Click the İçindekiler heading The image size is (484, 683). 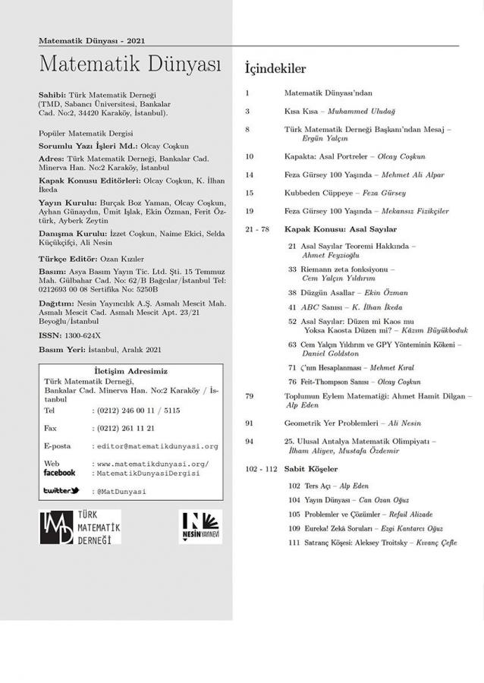click(275, 69)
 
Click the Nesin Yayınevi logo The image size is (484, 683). click(199, 527)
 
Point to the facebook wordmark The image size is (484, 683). click(59, 473)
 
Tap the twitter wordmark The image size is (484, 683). click(61, 491)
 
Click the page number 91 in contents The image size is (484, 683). click(250, 423)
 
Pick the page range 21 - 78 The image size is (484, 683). click(256, 228)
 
